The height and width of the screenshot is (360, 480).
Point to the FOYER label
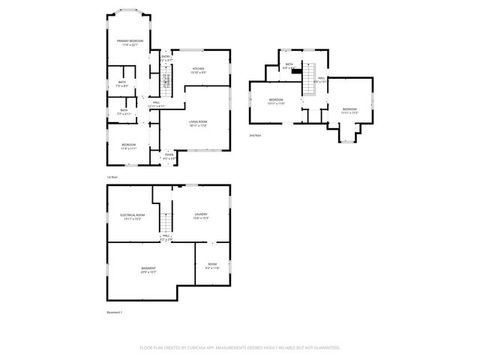coord(169,156)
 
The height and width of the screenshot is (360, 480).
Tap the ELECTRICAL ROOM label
coord(133,214)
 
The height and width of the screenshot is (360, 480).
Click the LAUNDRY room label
coord(200,214)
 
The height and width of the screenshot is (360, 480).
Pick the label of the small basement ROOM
coord(212,265)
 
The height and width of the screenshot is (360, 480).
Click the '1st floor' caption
coord(112,177)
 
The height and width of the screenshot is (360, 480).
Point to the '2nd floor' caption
coord(256,135)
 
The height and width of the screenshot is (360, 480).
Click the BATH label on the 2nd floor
coord(289,64)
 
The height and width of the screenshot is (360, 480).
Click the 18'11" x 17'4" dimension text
coord(197,125)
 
